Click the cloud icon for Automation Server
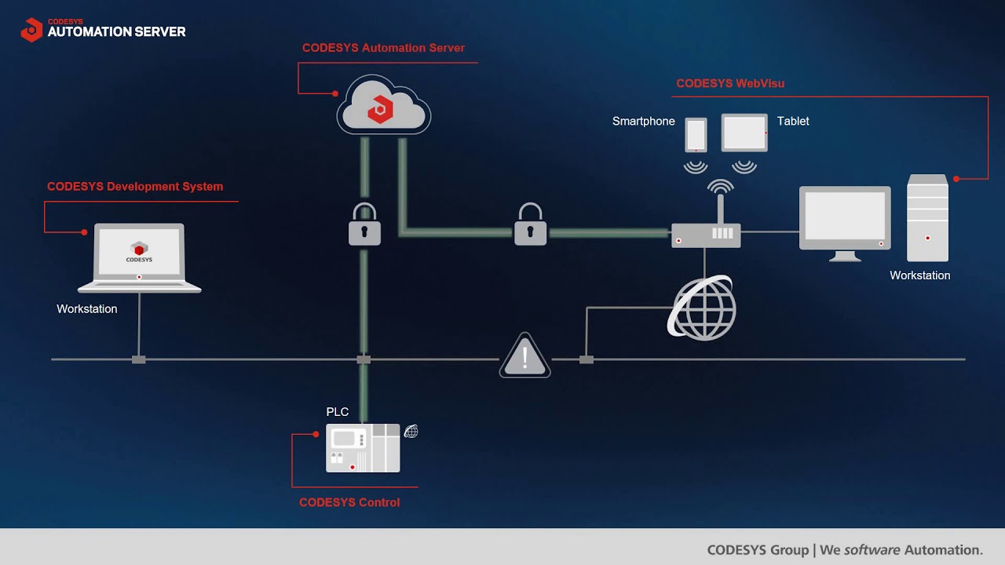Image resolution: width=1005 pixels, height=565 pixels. click(383, 106)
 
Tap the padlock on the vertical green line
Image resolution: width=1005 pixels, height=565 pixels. click(364, 225)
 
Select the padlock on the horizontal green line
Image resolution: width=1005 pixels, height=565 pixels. click(530, 225)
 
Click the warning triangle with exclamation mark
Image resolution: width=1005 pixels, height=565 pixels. click(525, 357)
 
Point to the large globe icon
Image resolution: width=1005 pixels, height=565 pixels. click(703, 308)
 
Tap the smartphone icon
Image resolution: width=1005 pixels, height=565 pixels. click(696, 134)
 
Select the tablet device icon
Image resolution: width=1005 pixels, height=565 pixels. click(744, 133)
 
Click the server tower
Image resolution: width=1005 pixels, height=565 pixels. click(927, 218)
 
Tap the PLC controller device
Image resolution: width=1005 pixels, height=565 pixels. click(363, 448)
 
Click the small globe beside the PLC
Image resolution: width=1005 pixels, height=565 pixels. click(411, 431)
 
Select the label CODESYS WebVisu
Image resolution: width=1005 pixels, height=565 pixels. click(730, 83)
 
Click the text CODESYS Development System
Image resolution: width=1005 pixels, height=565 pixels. click(135, 187)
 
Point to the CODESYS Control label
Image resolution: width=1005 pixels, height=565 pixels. click(349, 502)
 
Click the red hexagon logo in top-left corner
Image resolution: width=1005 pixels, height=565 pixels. click(31, 30)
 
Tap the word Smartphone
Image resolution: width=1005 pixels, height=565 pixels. click(644, 121)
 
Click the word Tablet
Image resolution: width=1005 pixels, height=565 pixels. click(793, 121)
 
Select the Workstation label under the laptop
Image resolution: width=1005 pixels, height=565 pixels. click(87, 309)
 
